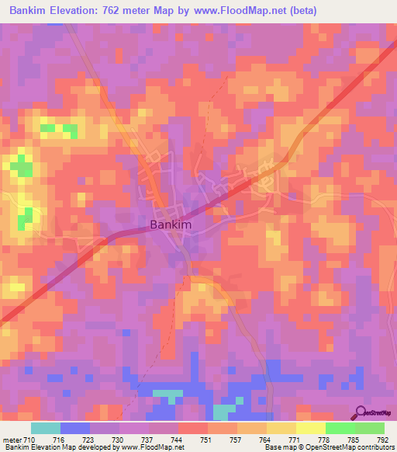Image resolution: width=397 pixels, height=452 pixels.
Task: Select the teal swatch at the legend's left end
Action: click(x=46, y=429)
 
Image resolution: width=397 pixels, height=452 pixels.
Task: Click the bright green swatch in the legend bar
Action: click(x=340, y=429)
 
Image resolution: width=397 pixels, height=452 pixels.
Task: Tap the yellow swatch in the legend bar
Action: click(x=310, y=429)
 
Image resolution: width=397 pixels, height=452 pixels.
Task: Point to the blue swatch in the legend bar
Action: click(x=75, y=429)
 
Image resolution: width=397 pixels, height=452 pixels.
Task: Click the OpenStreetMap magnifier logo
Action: click(x=361, y=413)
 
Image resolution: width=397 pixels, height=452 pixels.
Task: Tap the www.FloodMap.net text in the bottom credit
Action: click(x=146, y=448)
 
